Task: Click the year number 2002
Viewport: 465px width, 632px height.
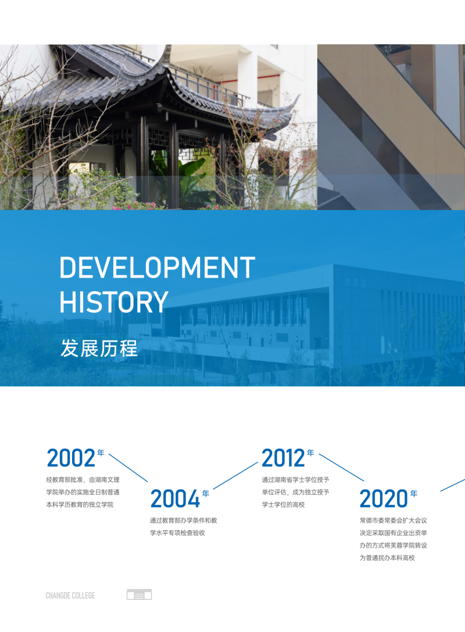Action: (71, 458)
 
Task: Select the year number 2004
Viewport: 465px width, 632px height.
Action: (175, 499)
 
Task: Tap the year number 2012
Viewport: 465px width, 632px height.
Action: (284, 458)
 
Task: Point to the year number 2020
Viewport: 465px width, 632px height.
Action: (384, 499)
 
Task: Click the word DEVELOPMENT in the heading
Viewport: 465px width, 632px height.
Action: (157, 267)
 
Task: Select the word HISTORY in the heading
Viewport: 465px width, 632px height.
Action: (114, 302)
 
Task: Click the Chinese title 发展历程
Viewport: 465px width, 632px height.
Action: (99, 348)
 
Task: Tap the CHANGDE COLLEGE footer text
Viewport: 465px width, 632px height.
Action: (70, 595)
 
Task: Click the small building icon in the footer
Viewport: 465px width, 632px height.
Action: (139, 595)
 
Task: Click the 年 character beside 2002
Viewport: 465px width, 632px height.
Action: (101, 453)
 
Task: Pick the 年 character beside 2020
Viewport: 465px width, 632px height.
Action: (414, 493)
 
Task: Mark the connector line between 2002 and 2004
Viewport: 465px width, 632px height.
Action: (128, 467)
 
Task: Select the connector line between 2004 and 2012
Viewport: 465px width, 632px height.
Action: (235, 475)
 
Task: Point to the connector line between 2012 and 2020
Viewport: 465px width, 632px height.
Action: (341, 467)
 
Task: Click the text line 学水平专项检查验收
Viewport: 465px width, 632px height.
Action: (177, 533)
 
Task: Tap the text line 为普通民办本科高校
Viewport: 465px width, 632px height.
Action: (387, 558)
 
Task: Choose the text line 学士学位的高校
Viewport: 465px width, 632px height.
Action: (284, 505)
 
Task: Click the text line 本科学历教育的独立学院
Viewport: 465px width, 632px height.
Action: (80, 505)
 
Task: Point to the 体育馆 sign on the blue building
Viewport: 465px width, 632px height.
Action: (356, 283)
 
